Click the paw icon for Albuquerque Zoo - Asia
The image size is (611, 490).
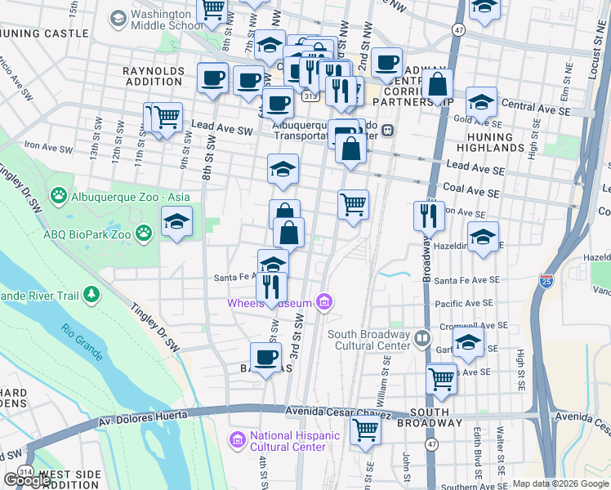pos(58,196)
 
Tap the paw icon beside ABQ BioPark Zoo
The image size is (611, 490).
pos(144,234)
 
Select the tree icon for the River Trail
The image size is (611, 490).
pos(91,293)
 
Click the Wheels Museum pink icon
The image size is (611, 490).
pos(325,303)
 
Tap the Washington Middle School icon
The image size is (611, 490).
pos(118,17)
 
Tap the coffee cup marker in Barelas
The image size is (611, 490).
pos(267,357)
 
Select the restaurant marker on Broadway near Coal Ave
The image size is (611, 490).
pos(429,215)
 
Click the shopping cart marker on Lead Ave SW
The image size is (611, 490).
pos(167,117)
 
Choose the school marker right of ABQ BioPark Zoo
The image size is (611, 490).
pos(176,221)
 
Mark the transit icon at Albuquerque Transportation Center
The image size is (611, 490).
pos(388,130)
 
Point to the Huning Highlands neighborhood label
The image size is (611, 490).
pos(490,144)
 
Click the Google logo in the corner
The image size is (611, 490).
pos(27,480)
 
